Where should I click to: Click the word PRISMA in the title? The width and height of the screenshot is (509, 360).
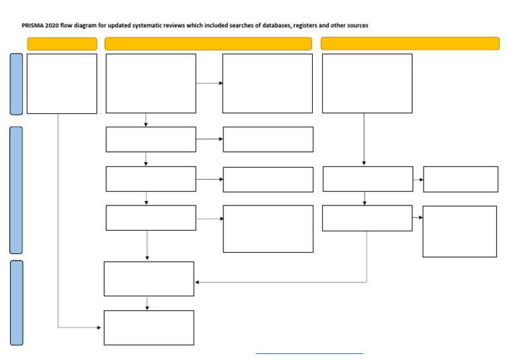coord(32,25)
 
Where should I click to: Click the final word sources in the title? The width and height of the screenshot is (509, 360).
coord(355,25)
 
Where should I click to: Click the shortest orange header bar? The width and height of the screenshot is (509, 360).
coord(62,44)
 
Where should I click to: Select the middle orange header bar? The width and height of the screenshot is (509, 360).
coord(208,44)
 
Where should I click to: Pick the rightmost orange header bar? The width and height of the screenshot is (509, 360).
coord(410,44)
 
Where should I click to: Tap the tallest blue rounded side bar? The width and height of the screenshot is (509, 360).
coord(16,190)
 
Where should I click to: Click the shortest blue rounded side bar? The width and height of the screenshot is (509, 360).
coord(16,84)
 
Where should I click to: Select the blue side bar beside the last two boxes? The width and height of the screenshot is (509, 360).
coord(16,302)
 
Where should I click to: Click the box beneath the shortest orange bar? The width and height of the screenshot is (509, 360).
coord(62,84)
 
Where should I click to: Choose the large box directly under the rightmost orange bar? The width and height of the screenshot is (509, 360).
coord(367,84)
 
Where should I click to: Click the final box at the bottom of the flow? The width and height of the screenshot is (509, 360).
coord(149,328)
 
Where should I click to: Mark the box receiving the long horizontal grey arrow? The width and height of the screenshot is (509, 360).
coord(149,278)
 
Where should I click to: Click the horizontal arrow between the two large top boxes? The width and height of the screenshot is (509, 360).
coord(209,83)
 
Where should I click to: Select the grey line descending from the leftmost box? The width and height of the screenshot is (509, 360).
coord(58,219)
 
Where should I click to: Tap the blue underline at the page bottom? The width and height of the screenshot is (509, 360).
coord(309,353)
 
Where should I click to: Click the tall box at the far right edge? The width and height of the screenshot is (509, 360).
coord(459,231)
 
